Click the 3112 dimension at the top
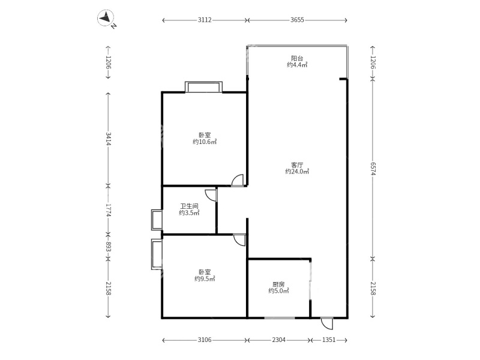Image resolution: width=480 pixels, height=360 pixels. pyautogui.click(x=205, y=20)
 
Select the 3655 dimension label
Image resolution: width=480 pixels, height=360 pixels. pyautogui.click(x=297, y=20)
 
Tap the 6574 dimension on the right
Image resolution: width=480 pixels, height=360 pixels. pyautogui.click(x=373, y=169)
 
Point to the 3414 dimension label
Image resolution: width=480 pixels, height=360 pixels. pyautogui.click(x=108, y=139)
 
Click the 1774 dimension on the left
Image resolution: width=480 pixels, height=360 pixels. pyautogui.click(x=108, y=211)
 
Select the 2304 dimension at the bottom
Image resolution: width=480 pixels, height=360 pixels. pyautogui.click(x=279, y=340)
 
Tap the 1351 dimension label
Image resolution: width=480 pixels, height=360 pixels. pyautogui.click(x=329, y=340)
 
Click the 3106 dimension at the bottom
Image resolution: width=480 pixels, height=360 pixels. pyautogui.click(x=205, y=340)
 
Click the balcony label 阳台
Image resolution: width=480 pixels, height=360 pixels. pyautogui.click(x=297, y=58)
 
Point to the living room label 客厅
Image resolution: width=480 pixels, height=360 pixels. pyautogui.click(x=297, y=165)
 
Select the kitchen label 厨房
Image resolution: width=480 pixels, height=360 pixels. pyautogui.click(x=278, y=284)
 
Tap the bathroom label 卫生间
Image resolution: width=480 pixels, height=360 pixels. pyautogui.click(x=189, y=206)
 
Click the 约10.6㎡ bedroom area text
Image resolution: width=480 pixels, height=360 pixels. pyautogui.click(x=205, y=142)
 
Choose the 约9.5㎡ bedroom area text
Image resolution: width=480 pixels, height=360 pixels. pyautogui.click(x=205, y=278)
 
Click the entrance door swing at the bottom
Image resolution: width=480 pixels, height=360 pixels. pyautogui.click(x=327, y=323)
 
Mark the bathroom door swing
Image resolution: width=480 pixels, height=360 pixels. pyautogui.click(x=211, y=196)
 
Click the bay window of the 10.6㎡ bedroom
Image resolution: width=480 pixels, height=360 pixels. pyautogui.click(x=203, y=86)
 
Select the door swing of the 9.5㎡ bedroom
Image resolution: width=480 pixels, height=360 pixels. pyautogui.click(x=239, y=240)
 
